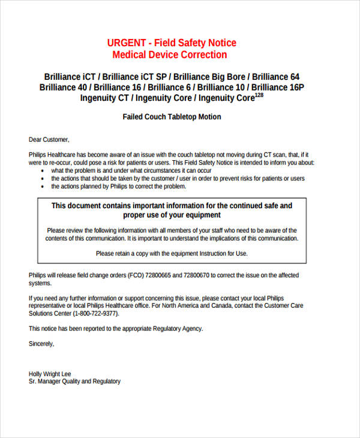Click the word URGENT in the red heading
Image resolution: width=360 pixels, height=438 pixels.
(x=127, y=43)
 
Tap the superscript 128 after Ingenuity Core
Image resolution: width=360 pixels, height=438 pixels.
(x=259, y=95)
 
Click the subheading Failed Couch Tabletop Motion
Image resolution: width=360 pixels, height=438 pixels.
(x=172, y=117)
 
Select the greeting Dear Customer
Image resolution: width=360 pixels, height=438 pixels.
(x=49, y=140)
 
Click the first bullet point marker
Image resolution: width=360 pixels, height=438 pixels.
(x=42, y=170)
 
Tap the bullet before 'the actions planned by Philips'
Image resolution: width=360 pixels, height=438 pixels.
(x=42, y=187)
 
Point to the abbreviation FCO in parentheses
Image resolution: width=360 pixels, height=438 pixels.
(x=134, y=275)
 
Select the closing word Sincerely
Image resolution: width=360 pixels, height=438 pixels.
(x=41, y=344)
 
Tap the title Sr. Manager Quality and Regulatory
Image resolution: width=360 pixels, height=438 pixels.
(x=74, y=382)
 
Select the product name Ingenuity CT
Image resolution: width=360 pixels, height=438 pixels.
(x=106, y=98)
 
